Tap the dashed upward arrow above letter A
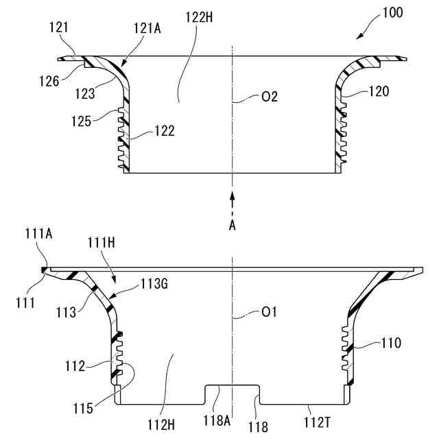[233, 203]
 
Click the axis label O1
[270, 313]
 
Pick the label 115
[83, 409]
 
